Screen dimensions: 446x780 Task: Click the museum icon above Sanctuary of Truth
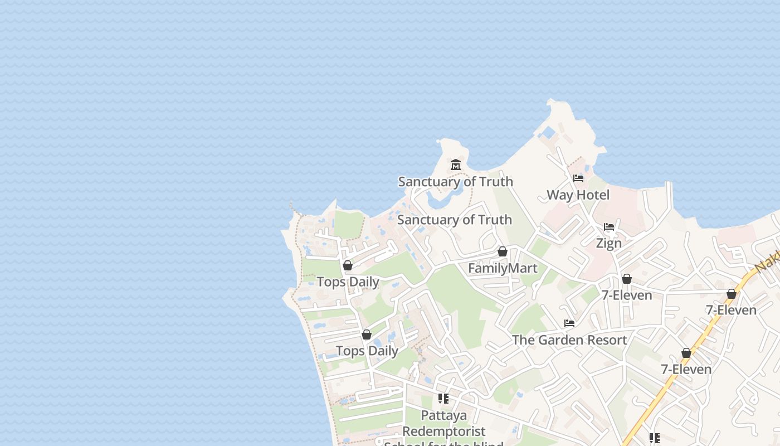click(x=456, y=164)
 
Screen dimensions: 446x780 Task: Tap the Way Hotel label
click(x=578, y=195)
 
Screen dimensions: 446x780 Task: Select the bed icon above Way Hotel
click(x=578, y=178)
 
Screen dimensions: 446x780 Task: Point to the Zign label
click(x=608, y=243)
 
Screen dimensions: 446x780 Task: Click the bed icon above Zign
click(x=609, y=227)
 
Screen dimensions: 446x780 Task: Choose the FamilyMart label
click(x=503, y=268)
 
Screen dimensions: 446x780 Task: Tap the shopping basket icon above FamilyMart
click(x=503, y=252)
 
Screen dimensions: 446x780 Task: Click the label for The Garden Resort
click(x=569, y=340)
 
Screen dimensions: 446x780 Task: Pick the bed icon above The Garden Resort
click(x=569, y=323)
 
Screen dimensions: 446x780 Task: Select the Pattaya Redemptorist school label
click(x=444, y=424)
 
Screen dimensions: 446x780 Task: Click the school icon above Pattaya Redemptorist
click(x=443, y=399)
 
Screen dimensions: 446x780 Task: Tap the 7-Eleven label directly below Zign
click(x=627, y=295)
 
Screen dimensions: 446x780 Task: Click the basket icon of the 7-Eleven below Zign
click(x=627, y=279)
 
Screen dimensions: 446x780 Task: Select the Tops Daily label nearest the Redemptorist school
click(x=367, y=351)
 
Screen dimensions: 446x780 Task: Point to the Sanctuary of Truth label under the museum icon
click(x=455, y=181)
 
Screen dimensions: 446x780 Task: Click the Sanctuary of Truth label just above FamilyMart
click(x=454, y=220)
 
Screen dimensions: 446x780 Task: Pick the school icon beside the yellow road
click(x=655, y=438)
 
